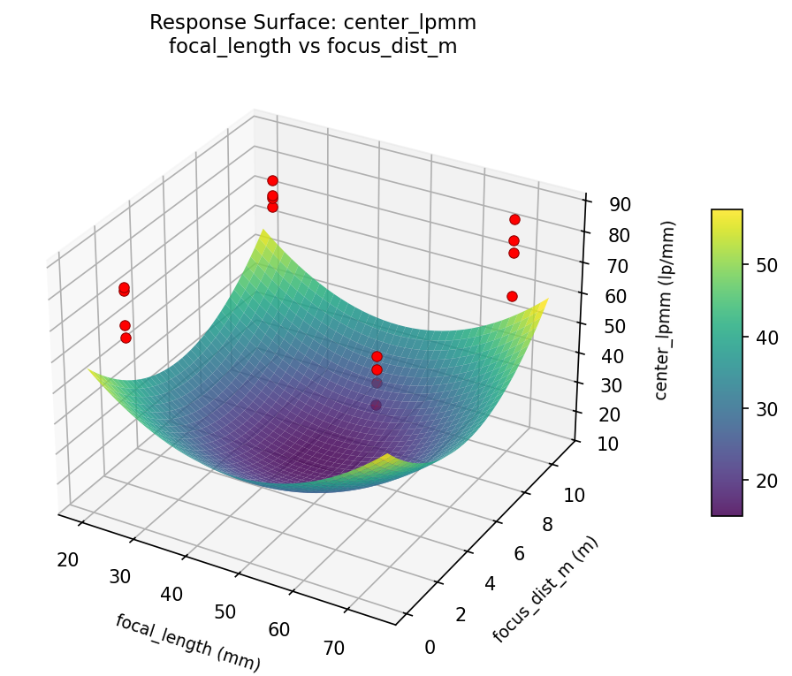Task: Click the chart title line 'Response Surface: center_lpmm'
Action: [x=313, y=22]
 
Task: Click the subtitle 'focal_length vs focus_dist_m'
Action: [x=313, y=47]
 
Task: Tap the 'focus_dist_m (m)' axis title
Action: [x=544, y=590]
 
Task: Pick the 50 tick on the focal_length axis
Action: [x=225, y=611]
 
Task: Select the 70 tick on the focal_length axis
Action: [x=333, y=648]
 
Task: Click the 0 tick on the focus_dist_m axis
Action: [x=430, y=648]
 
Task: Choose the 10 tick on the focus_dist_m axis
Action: [x=575, y=496]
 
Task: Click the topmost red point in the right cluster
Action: [x=514, y=219]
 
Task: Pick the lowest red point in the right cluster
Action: [x=512, y=296]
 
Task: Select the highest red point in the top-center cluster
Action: [x=272, y=180]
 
